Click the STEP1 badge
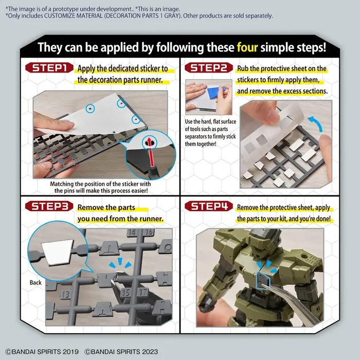click(x=51, y=69)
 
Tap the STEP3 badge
click(x=51, y=208)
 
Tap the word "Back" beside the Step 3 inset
click(x=35, y=282)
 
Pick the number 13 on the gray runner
click(x=65, y=295)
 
